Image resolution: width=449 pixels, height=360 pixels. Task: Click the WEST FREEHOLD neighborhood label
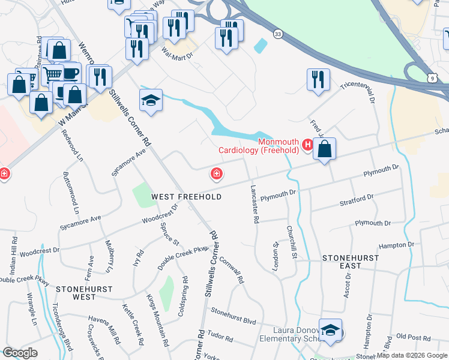186,197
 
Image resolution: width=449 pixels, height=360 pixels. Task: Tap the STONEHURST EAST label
350,261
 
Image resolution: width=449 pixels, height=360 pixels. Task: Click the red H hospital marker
308,145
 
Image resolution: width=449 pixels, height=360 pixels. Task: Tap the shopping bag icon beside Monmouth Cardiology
324,151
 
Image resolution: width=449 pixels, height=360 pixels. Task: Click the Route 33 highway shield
277,34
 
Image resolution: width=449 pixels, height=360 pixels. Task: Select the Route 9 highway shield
432,78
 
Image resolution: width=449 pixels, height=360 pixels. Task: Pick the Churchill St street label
292,242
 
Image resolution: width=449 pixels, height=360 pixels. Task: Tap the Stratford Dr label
358,197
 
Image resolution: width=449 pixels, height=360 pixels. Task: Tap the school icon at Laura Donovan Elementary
330,330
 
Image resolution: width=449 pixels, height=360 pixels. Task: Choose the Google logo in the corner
20,353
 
